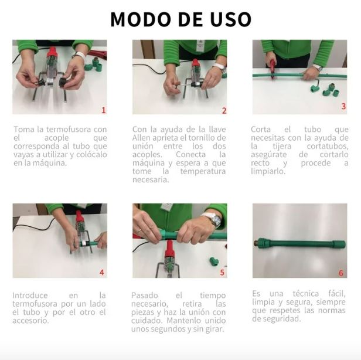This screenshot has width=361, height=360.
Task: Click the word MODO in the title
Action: [x=142, y=19]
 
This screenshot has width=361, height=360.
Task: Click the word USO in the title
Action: [x=230, y=19]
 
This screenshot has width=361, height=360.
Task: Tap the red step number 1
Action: [x=104, y=110]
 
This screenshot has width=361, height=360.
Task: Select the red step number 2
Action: [x=224, y=111]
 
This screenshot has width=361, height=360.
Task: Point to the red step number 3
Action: [x=343, y=106]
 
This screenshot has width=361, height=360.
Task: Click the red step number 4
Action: [x=102, y=273]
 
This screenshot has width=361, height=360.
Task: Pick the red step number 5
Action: [x=222, y=273]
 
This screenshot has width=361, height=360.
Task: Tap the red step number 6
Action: [x=341, y=273]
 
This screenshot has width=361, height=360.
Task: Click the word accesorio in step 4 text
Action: [x=30, y=321]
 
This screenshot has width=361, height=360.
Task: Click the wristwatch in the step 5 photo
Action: [x=215, y=219]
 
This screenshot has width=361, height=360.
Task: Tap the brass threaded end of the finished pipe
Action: [x=256, y=243]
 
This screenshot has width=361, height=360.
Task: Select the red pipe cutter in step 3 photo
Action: [x=272, y=68]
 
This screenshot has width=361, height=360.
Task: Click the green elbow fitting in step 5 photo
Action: [x=214, y=261]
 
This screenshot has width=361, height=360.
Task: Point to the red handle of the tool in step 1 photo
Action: [x=52, y=53]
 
